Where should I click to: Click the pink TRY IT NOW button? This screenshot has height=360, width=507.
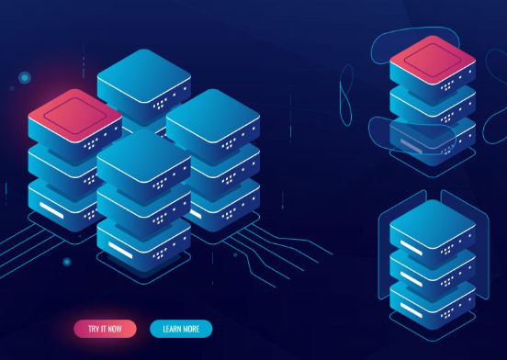pos(105,328)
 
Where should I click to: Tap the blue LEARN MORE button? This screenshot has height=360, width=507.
pos(181,328)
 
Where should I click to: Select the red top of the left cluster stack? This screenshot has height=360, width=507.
pos(74,115)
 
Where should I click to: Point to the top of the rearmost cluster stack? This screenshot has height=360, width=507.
pos(143,77)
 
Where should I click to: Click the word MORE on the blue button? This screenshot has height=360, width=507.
pos(190,328)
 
